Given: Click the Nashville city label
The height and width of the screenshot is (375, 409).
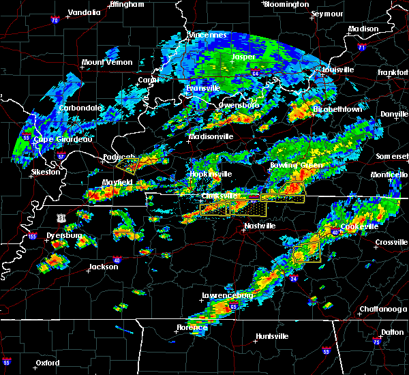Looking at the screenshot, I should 259,226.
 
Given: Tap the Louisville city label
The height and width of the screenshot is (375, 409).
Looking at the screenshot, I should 335,70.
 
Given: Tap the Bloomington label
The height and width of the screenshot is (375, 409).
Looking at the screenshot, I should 286,4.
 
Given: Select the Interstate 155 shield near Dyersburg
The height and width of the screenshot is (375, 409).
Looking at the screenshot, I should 31,237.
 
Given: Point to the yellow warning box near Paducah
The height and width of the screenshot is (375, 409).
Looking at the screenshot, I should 127,164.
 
